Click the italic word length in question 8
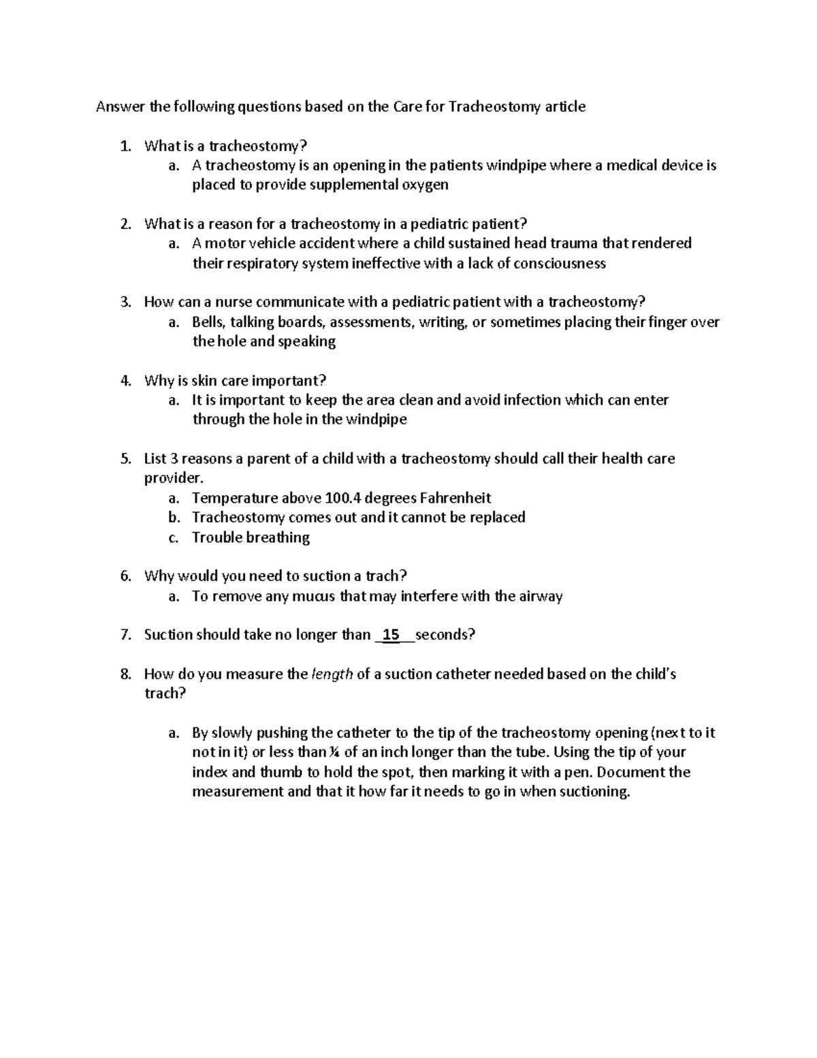pos(332,674)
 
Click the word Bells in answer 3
pos(208,322)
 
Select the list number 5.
pos(125,458)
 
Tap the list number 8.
pos(125,674)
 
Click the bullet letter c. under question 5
pos(173,538)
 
